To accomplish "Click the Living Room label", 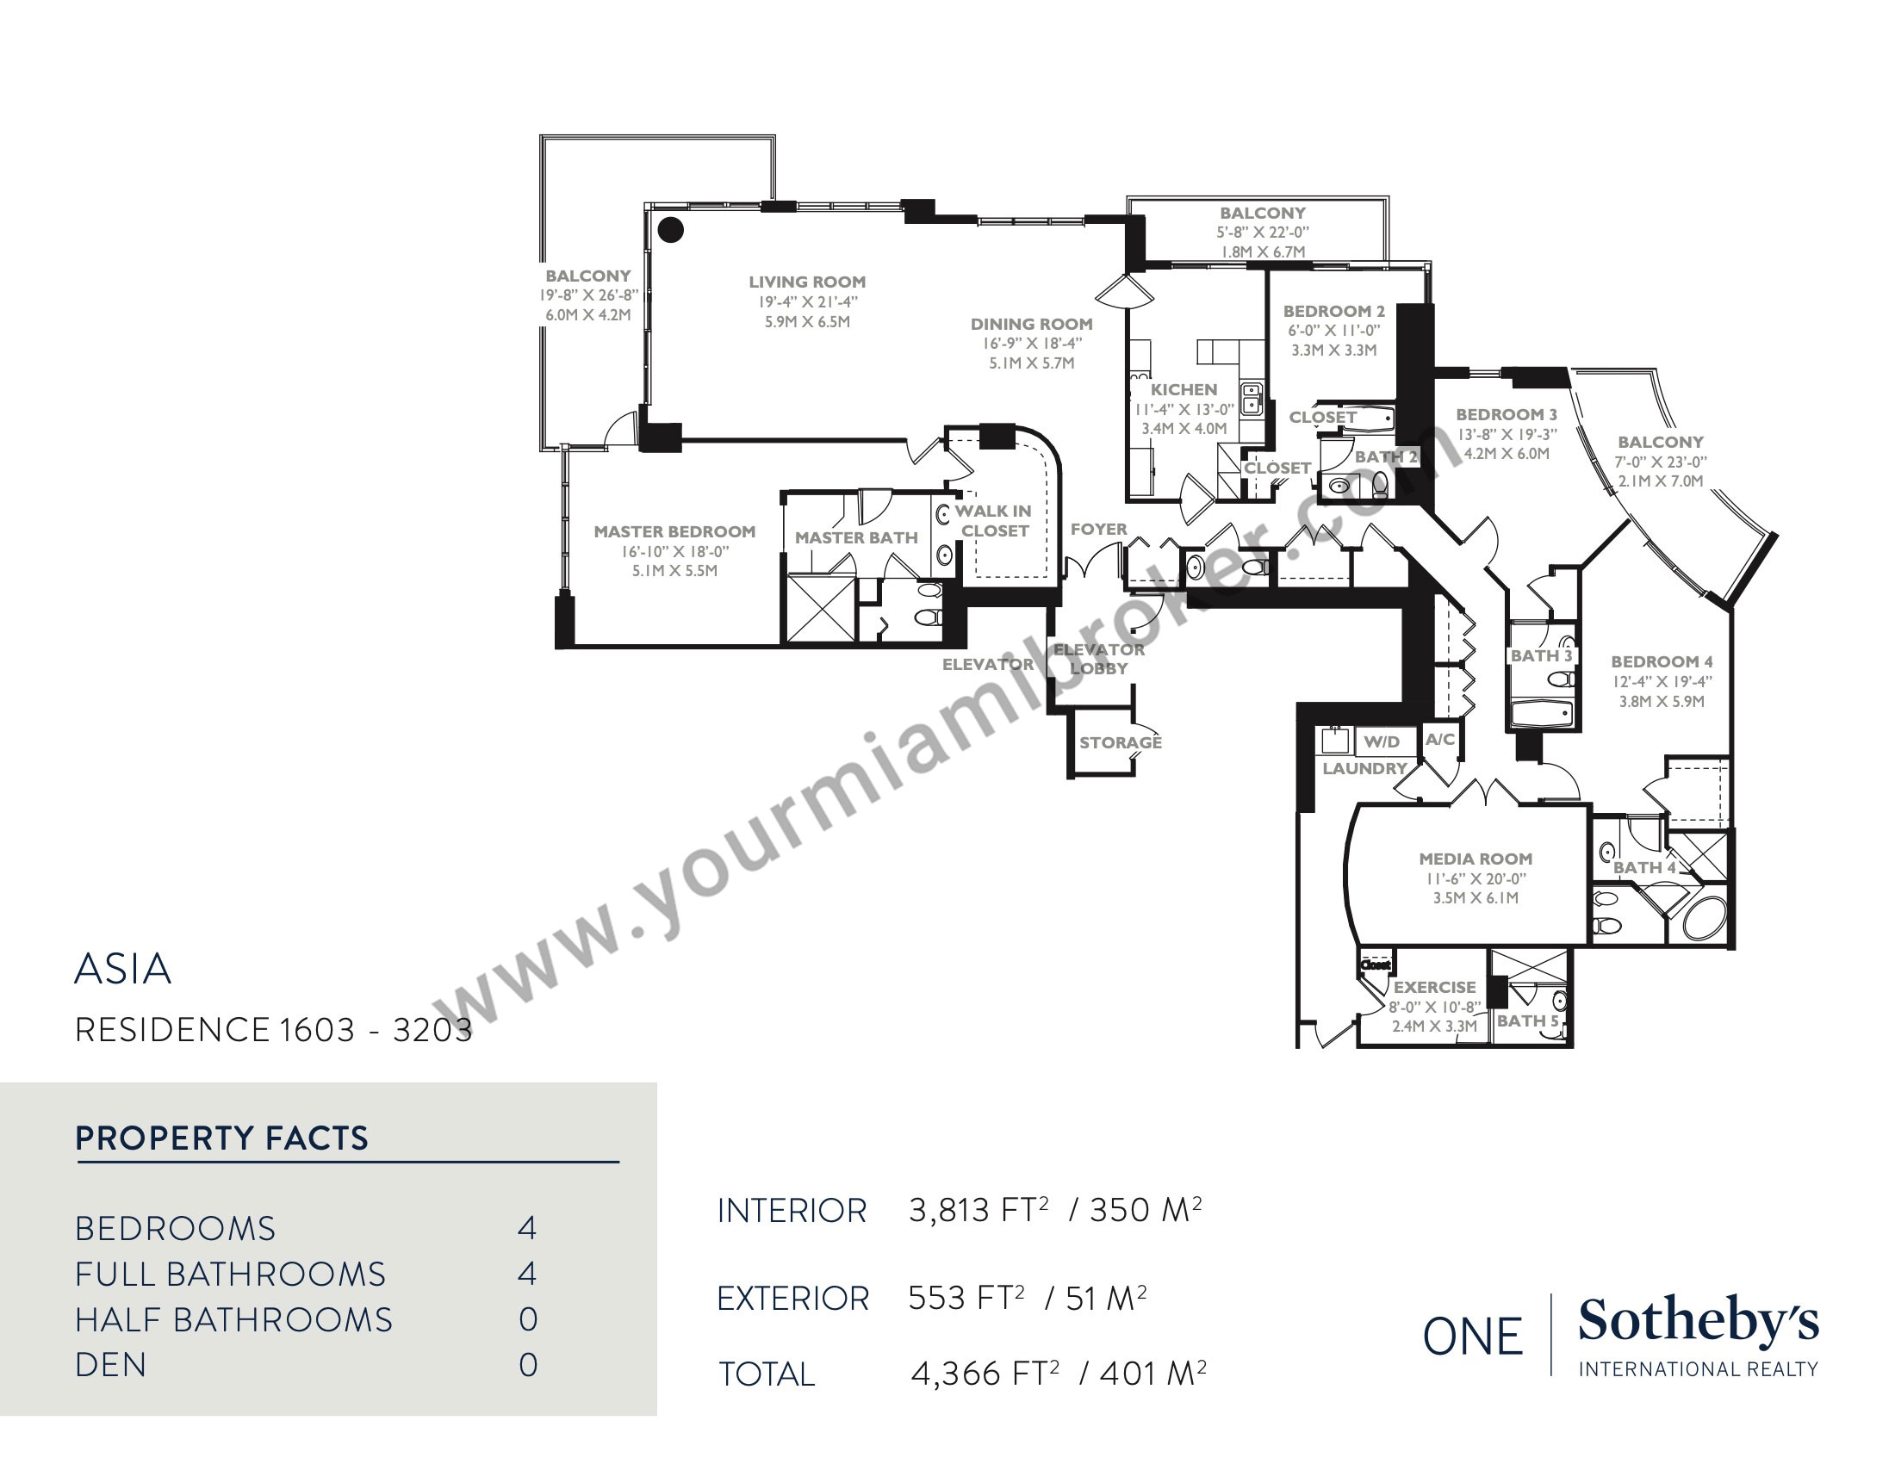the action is tap(807, 282).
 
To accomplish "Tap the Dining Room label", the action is tap(1032, 325).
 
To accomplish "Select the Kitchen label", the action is tap(1184, 390).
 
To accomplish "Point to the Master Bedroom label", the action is tap(674, 531).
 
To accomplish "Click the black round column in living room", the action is tap(671, 230).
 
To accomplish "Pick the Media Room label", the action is tap(1475, 859).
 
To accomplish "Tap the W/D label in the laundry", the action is tap(1382, 741).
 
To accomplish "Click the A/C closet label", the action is tap(1440, 739).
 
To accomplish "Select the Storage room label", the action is tap(1120, 742).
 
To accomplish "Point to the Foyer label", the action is tap(1098, 529).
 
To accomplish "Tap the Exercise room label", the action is tap(1434, 987).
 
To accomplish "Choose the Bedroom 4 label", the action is tap(1662, 661).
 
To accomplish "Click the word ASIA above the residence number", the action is tap(123, 969).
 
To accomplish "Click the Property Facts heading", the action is tap(222, 1138).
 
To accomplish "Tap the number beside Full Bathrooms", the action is tap(527, 1274).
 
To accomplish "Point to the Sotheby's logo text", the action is tap(1698, 1321).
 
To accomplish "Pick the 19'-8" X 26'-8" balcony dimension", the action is tap(588, 295).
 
